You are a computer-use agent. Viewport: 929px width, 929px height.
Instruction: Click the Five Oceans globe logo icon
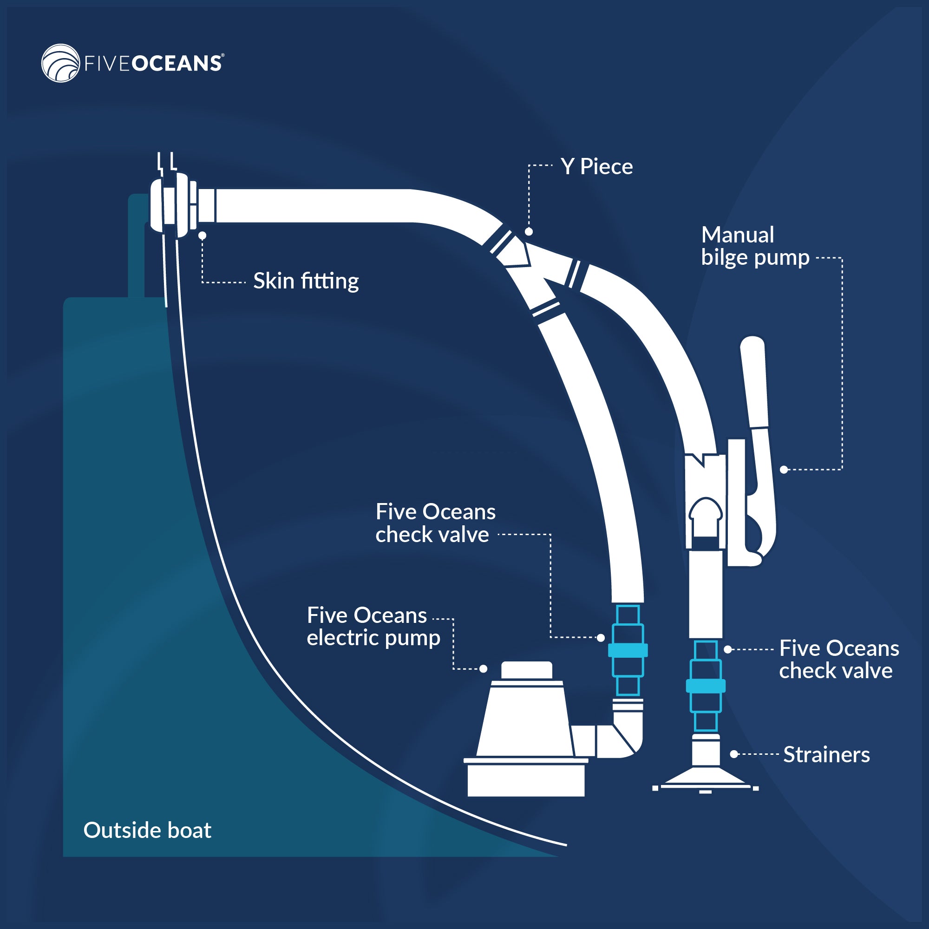(60, 63)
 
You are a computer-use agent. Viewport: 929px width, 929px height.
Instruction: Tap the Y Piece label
(596, 167)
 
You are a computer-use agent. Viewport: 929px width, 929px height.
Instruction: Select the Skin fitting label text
(306, 281)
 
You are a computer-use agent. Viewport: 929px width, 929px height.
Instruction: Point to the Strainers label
(826, 754)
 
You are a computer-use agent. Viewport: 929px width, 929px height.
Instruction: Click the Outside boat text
(147, 830)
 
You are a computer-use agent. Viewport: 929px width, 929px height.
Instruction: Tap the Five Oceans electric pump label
(373, 627)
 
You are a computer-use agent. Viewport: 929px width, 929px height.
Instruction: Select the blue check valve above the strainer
(706, 686)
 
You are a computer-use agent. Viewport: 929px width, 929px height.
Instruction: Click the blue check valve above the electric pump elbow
(628, 650)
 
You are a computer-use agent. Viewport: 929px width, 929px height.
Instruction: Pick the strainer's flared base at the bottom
(706, 778)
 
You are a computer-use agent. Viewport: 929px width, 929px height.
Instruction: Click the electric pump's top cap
(527, 670)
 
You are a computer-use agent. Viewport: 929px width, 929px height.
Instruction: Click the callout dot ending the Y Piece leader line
(529, 232)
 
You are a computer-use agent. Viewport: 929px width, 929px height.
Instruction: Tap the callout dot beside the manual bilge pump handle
(784, 470)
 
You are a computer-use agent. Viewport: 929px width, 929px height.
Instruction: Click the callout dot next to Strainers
(734, 754)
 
